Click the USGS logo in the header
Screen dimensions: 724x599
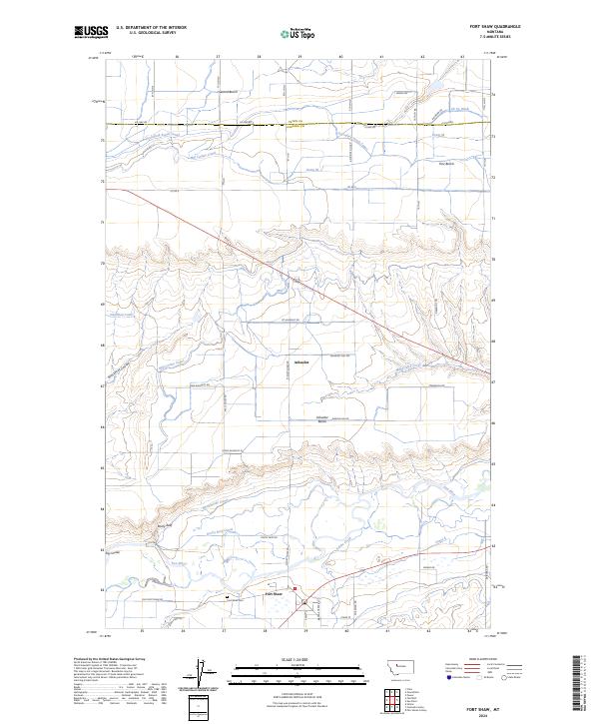(91, 32)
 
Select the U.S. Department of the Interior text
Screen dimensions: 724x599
(151, 28)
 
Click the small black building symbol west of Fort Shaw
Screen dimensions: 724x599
(229, 597)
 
